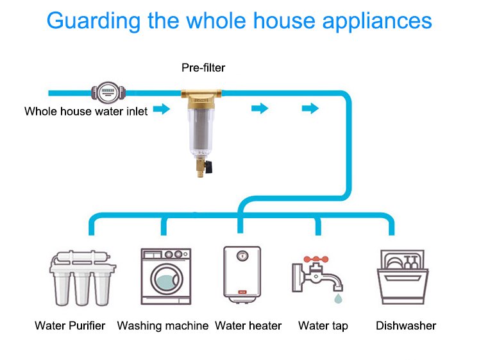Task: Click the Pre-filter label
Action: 203,67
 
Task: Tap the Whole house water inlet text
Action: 86,111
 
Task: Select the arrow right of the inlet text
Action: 162,110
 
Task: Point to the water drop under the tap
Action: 337,299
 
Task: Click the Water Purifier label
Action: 70,326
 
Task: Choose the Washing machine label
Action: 162,326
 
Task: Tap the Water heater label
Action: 248,326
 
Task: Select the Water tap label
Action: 323,326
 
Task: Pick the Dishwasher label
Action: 406,326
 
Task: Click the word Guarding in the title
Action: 90,21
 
